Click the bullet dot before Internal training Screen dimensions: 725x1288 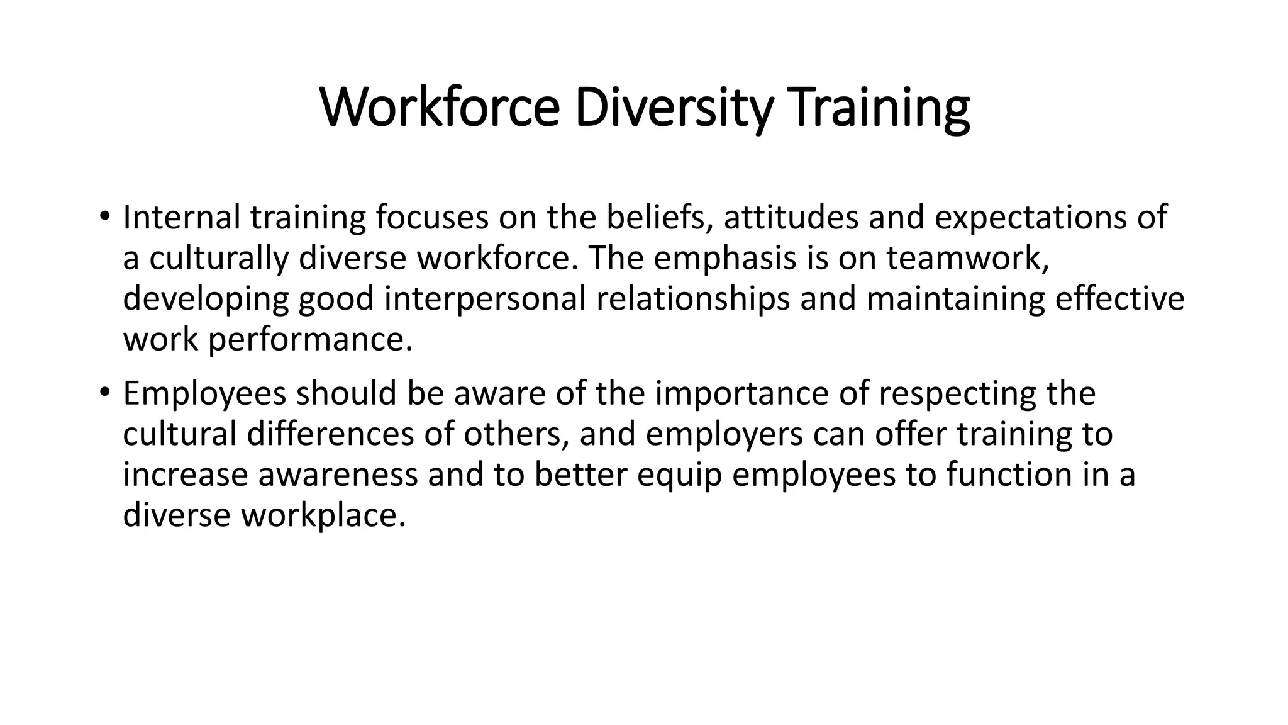(104, 218)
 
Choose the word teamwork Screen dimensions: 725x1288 (968, 259)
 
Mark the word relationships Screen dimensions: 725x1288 (692, 299)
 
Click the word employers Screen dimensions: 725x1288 (724, 434)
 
